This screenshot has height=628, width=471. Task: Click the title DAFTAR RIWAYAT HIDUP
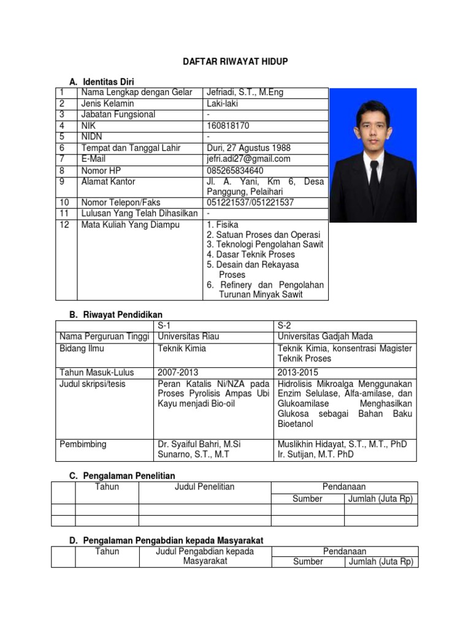235,61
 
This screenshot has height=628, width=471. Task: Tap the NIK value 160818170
228,126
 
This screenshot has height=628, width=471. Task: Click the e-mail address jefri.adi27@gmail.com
248,159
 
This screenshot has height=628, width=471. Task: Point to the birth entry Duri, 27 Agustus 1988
248,148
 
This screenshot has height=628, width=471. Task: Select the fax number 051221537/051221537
250,202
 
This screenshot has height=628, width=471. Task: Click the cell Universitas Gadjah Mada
325,337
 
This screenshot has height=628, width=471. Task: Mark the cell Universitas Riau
188,337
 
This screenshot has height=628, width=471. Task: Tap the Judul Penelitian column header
204,487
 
